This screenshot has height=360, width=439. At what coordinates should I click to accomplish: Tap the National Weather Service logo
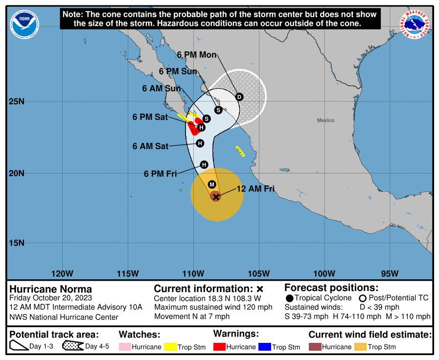416,24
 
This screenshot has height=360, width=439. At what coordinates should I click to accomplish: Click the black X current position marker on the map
216,197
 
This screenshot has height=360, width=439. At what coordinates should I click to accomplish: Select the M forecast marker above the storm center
212,184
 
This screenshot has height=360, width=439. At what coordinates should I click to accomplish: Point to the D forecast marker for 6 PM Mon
239,97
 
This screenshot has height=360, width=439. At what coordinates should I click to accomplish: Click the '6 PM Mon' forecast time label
197,55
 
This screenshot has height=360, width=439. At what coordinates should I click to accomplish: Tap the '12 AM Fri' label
255,189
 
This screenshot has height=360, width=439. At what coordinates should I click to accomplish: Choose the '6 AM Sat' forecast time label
150,146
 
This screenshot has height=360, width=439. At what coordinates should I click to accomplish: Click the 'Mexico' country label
325,120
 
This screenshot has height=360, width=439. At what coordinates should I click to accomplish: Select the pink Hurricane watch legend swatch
127,347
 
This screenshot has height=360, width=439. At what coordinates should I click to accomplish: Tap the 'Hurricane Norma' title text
51,289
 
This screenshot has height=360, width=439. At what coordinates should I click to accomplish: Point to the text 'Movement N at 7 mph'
192,316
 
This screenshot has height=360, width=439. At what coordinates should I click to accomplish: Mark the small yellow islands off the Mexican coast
240,151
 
